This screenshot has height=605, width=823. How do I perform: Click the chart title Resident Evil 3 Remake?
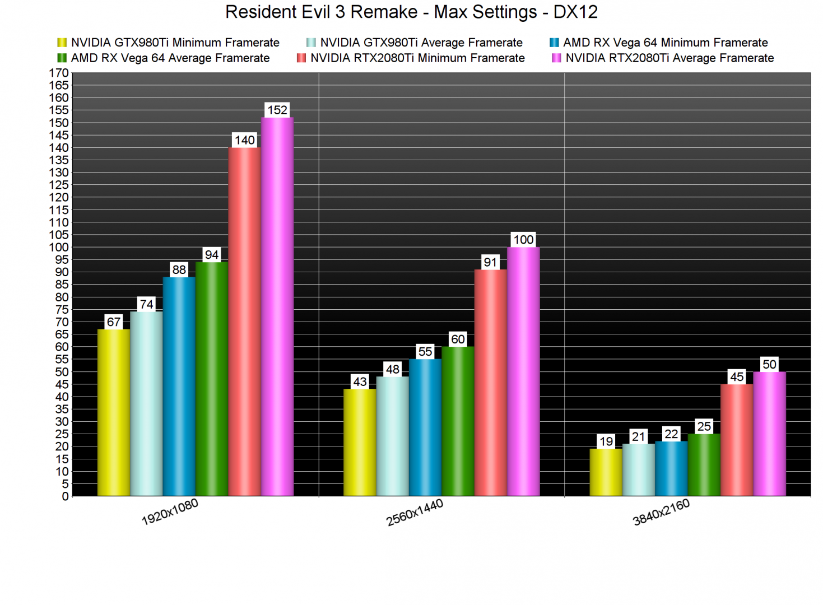pyautogui.click(x=411, y=12)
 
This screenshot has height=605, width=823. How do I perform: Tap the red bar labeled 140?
pyautogui.click(x=245, y=322)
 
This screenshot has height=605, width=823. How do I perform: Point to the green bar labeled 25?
pyautogui.click(x=704, y=465)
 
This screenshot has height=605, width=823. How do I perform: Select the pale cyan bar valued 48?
pyautogui.click(x=392, y=436)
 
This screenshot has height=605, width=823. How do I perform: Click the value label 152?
pyautogui.click(x=277, y=110)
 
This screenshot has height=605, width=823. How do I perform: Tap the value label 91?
pyautogui.click(x=490, y=262)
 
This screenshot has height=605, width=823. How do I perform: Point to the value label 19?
pyautogui.click(x=606, y=441)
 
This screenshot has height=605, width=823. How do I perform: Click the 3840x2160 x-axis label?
pyautogui.click(x=661, y=513)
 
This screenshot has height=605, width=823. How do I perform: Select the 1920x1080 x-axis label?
pyautogui.click(x=170, y=512)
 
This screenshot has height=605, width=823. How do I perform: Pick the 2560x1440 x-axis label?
pyautogui.click(x=415, y=513)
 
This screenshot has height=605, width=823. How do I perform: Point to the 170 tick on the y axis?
pyautogui.click(x=59, y=73)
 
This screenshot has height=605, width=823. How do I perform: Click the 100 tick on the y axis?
pyautogui.click(x=59, y=247)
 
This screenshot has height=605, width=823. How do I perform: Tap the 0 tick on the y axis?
pyautogui.click(x=65, y=496)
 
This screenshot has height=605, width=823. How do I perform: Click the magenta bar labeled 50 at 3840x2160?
pyautogui.click(x=769, y=434)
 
